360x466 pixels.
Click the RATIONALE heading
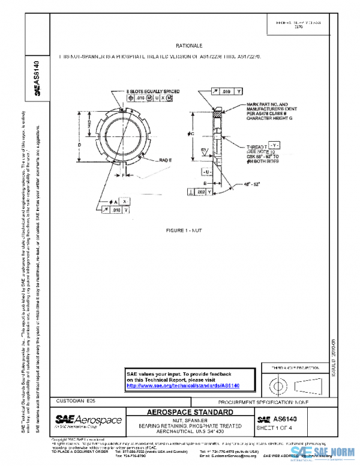coord(189,46)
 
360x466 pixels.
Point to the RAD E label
coord(166,161)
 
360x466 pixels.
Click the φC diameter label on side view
coord(191,133)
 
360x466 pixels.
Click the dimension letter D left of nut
coord(79,145)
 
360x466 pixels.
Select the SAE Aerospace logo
coord(89,420)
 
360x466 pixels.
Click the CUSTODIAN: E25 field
coord(75,399)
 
